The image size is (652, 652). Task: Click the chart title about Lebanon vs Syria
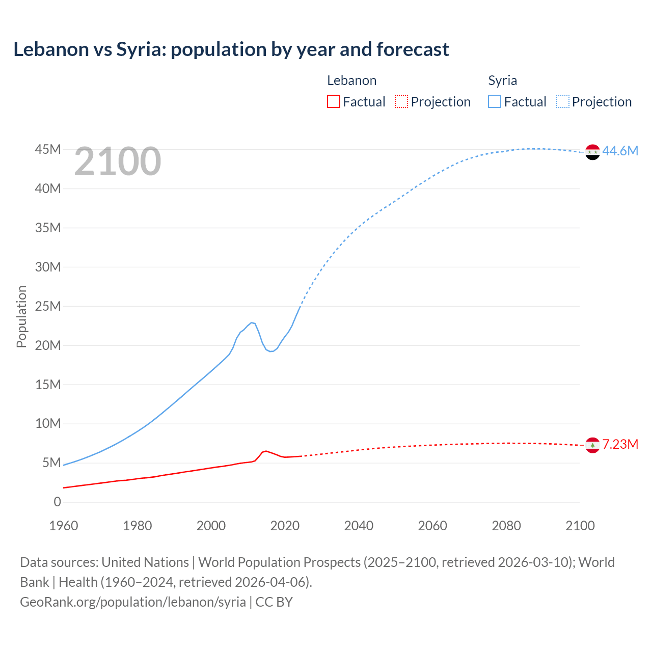click(x=231, y=49)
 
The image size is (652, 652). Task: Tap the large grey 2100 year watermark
click(x=118, y=161)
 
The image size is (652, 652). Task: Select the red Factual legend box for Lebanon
click(x=333, y=101)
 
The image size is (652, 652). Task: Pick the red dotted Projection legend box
click(x=401, y=101)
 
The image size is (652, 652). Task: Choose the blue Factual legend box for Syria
click(x=494, y=101)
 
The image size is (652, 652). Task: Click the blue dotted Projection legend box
click(x=562, y=101)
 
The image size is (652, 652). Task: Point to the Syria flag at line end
click(x=592, y=152)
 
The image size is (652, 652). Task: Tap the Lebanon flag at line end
click(x=592, y=445)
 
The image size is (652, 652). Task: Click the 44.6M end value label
click(x=620, y=151)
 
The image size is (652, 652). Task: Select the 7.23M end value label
click(x=620, y=444)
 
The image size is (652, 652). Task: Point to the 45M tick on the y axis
click(x=48, y=149)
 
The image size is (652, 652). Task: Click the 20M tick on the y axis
click(x=48, y=345)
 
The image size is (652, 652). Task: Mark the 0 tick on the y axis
click(x=57, y=502)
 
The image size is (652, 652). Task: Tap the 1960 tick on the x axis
click(x=64, y=526)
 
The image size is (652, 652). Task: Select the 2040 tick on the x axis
click(x=359, y=526)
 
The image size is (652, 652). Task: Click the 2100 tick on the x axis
click(x=580, y=526)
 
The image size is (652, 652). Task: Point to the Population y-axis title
click(x=21, y=316)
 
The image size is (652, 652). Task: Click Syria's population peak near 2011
click(x=252, y=322)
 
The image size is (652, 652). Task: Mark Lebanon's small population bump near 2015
click(x=265, y=451)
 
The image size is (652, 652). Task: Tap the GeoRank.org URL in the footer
click(x=133, y=602)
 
